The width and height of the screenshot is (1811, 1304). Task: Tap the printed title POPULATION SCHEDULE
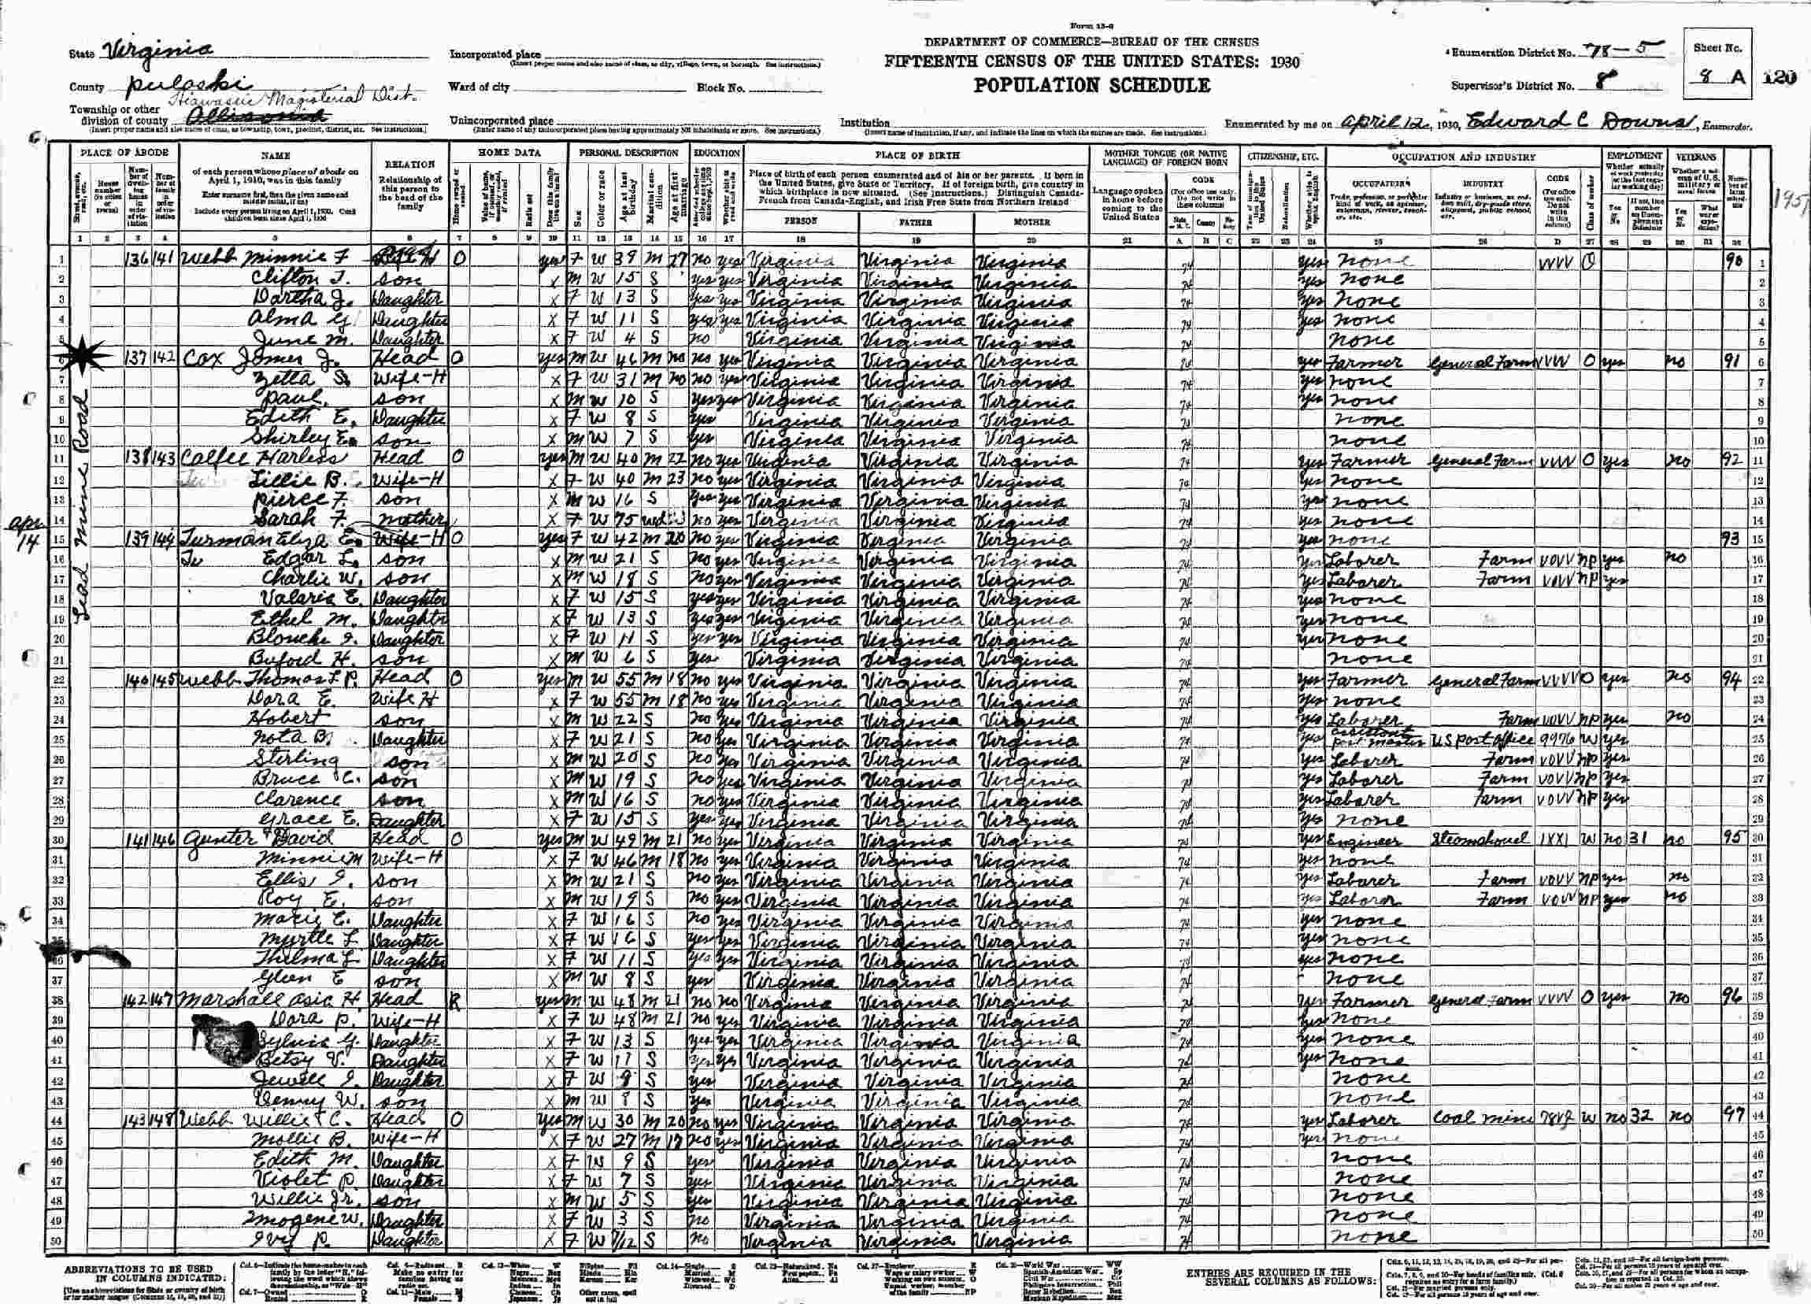[x=1091, y=86]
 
